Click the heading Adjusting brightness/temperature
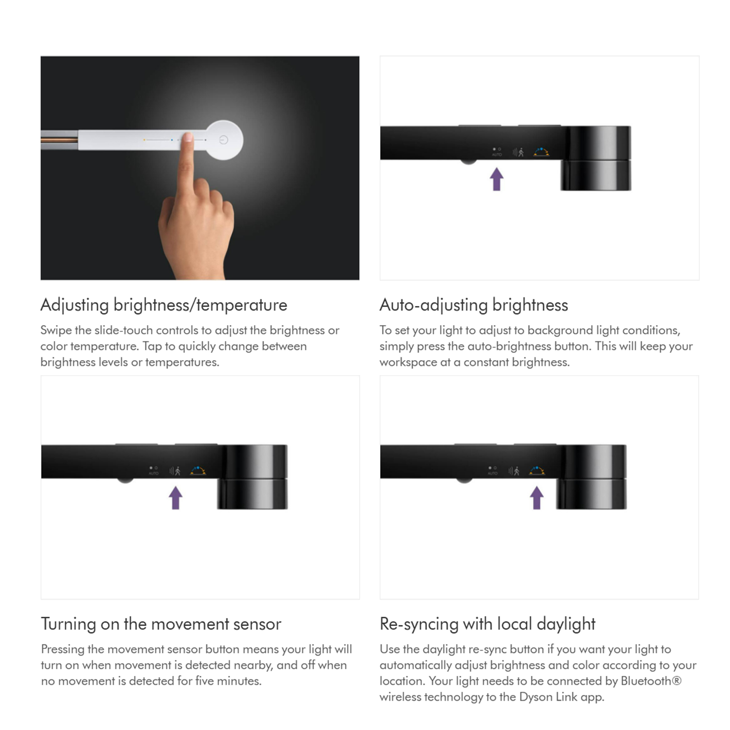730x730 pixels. coord(164,305)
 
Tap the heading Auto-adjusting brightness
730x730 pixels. coord(474,305)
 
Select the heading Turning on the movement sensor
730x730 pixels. coord(161,624)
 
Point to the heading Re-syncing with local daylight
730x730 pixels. coord(488,624)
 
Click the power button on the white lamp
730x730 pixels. coord(223,140)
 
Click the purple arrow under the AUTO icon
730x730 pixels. coord(496,179)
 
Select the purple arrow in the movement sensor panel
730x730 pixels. coord(176,498)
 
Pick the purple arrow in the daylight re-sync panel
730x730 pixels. coord(537,498)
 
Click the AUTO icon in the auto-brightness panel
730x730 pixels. coord(496,152)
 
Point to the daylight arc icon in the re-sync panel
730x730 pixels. coord(537,471)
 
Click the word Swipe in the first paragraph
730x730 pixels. coord(56,330)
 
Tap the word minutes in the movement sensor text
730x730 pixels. coord(239,681)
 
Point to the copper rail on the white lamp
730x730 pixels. coord(59,140)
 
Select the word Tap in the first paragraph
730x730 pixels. coord(152,347)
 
